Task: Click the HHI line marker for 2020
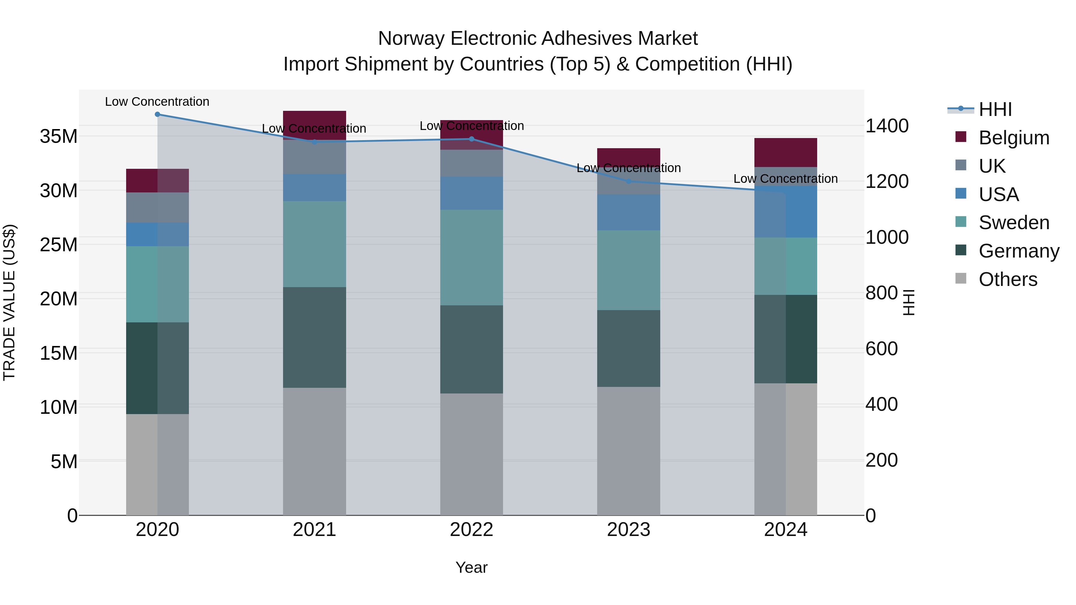(158, 114)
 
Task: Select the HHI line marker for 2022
(472, 139)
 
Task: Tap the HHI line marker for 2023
(629, 181)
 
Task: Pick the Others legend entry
(1008, 279)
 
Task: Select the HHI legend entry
(995, 109)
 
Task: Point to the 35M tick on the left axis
(59, 137)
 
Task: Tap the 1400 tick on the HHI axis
(887, 126)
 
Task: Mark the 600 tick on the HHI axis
(881, 349)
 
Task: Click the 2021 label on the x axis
(314, 530)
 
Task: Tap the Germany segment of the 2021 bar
(314, 337)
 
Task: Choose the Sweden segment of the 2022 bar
(472, 257)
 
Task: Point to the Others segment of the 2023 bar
(629, 451)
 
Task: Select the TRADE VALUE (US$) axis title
(9, 302)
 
